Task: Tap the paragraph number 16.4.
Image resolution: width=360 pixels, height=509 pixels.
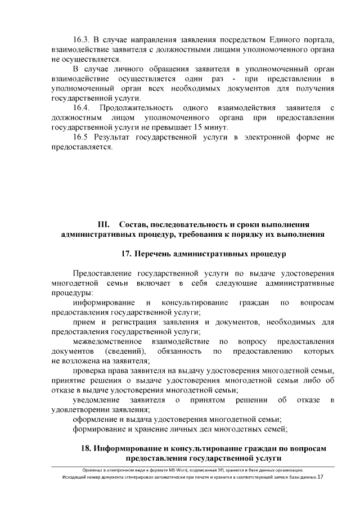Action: (x=82, y=107)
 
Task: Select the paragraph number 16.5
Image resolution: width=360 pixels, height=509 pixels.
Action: (x=82, y=137)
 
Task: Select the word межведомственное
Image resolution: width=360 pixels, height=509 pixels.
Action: (x=107, y=341)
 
